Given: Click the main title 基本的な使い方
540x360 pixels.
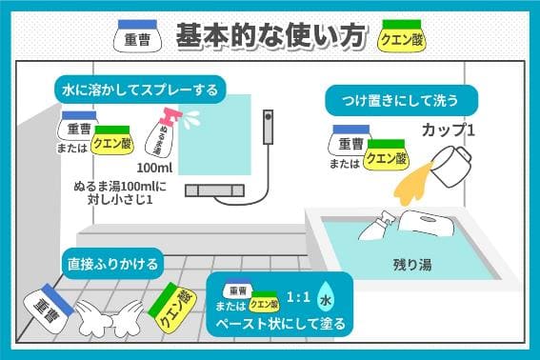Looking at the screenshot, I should click(270, 35).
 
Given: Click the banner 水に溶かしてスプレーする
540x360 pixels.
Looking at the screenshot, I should click(140, 90).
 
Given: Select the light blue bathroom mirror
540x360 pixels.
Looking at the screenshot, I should click(222, 129).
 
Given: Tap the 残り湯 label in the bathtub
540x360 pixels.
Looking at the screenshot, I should click(411, 263).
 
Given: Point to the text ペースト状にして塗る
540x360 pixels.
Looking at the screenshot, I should click(281, 323).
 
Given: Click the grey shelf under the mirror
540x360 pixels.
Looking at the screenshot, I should click(222, 190).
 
